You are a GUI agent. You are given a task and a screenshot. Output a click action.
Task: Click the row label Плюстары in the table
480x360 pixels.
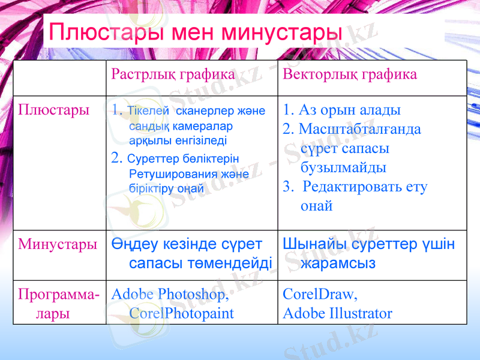(54, 110)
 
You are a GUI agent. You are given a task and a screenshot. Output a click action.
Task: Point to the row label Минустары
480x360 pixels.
(58, 244)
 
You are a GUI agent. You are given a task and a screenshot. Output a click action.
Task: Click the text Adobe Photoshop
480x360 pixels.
(170, 295)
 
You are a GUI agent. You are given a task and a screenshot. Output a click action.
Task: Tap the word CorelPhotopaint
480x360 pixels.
(182, 313)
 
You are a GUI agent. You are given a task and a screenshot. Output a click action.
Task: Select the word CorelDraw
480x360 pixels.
(320, 295)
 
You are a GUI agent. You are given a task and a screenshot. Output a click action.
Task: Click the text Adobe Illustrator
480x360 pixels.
(337, 313)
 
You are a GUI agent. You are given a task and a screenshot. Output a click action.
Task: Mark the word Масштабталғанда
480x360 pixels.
(359, 129)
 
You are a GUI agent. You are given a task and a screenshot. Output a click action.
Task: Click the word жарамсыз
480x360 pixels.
(338, 263)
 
